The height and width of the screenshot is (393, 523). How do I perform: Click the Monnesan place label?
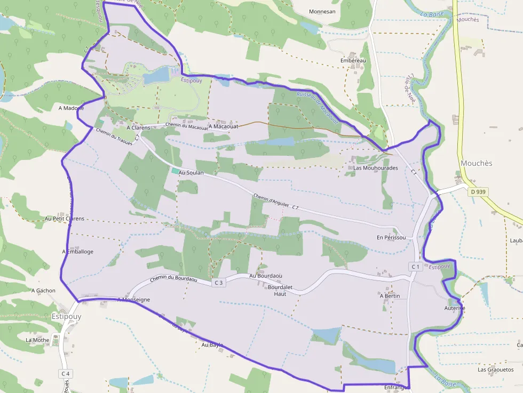(x=322, y=11)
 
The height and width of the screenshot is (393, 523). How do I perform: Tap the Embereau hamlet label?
(x=353, y=61)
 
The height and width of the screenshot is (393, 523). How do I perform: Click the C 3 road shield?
(x=218, y=283)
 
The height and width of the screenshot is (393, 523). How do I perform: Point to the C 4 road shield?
(x=65, y=373)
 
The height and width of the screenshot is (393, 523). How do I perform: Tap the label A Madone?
(x=71, y=108)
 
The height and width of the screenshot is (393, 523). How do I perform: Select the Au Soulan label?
(x=191, y=173)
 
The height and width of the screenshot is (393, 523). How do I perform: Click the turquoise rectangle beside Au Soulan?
(x=175, y=171)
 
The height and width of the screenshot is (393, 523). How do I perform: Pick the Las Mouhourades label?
(x=376, y=167)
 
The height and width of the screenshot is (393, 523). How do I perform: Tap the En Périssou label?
(x=391, y=237)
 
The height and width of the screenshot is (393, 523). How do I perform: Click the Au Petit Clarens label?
(x=65, y=219)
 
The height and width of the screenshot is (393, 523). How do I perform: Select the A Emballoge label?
(x=78, y=251)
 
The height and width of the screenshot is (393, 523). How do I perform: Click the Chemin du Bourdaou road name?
(x=173, y=279)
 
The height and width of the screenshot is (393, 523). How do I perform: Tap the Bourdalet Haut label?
(x=280, y=290)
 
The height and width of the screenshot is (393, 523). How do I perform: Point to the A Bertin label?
(x=390, y=295)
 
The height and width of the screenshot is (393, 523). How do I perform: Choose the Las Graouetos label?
(x=495, y=369)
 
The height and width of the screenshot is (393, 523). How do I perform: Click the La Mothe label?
(x=37, y=340)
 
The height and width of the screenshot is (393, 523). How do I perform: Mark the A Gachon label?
(x=43, y=291)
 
